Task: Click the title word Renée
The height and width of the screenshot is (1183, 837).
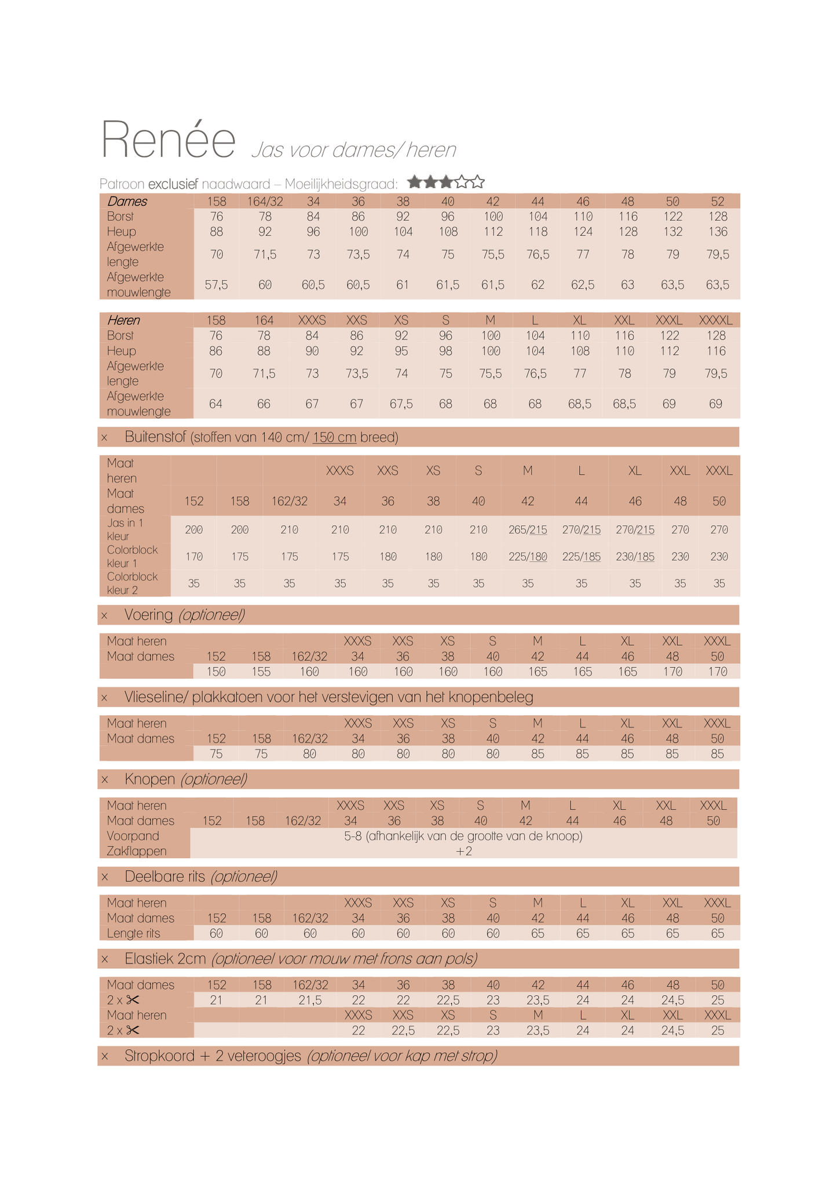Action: (x=168, y=140)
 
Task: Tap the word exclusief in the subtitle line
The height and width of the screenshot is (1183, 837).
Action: (x=173, y=184)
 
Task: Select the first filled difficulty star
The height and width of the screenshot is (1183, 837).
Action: (x=414, y=182)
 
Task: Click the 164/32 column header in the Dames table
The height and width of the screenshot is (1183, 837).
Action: (x=265, y=202)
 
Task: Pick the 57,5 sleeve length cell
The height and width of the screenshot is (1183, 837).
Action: (x=216, y=285)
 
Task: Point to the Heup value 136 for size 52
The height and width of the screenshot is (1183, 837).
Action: (x=717, y=232)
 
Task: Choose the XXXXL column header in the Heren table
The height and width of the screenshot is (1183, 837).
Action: (x=715, y=320)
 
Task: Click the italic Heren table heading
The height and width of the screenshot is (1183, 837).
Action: (x=123, y=320)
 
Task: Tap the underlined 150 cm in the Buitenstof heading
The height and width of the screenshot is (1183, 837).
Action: (x=334, y=437)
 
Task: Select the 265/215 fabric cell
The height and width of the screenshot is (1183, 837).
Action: (x=527, y=530)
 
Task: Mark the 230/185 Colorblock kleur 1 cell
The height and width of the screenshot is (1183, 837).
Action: (x=635, y=556)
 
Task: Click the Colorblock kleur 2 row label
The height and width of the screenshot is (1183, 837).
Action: (x=131, y=583)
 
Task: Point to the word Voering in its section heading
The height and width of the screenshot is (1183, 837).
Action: (x=148, y=615)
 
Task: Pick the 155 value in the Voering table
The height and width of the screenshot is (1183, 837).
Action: (x=261, y=672)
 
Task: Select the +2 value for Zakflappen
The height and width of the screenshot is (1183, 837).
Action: (x=463, y=851)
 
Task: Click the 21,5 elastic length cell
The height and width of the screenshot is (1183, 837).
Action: (x=310, y=1000)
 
